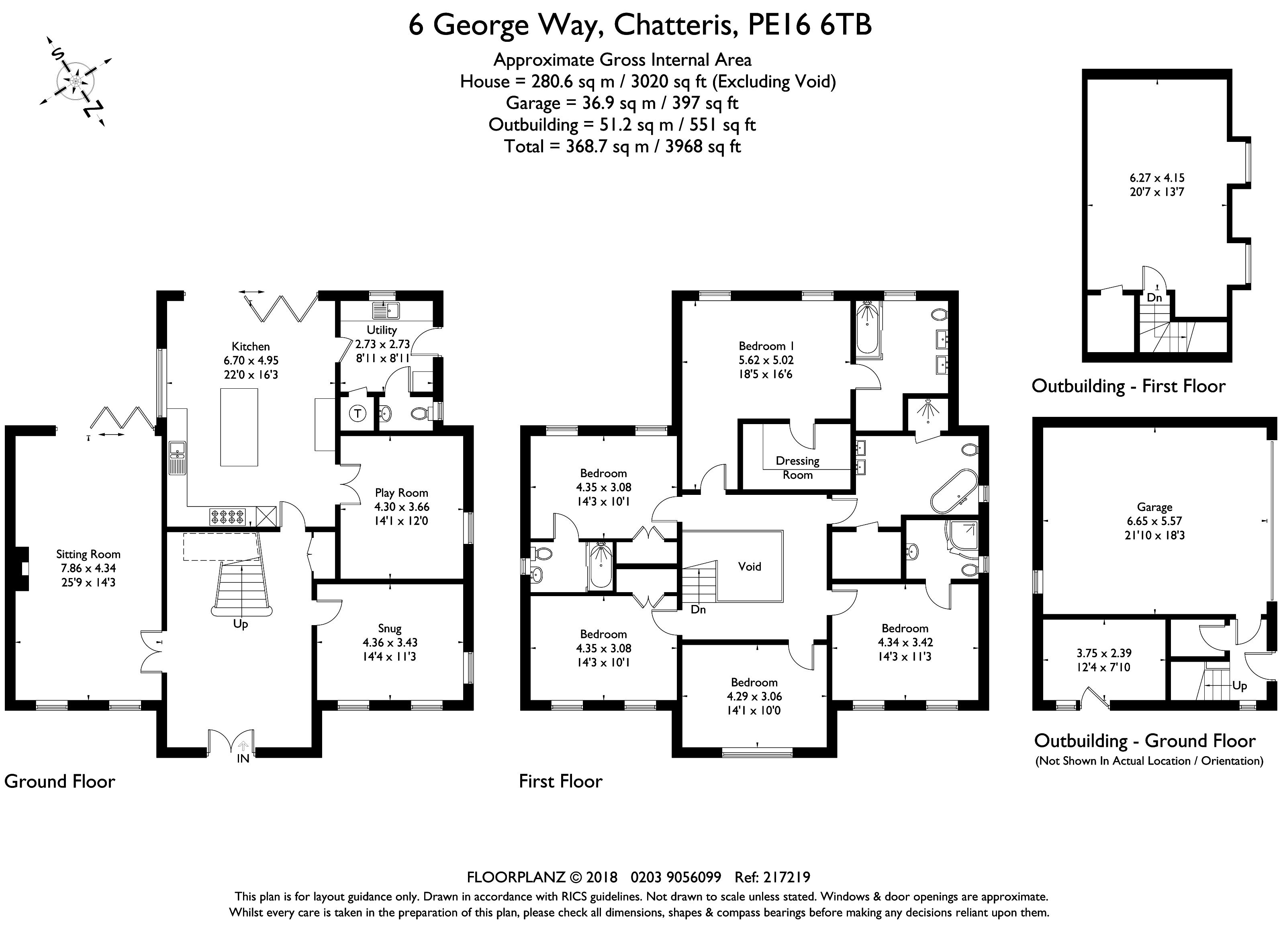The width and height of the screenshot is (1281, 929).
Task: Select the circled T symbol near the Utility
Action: (357, 413)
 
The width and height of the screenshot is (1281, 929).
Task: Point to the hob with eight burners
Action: (228, 517)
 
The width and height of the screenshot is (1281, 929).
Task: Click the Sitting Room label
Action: (88, 554)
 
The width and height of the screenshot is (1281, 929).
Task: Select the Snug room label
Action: (390, 628)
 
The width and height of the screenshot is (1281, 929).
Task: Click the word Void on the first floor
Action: (750, 566)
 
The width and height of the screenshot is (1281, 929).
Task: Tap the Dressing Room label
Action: (797, 468)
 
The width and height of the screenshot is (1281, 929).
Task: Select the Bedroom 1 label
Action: (762, 346)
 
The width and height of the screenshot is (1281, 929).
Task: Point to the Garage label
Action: (1155, 507)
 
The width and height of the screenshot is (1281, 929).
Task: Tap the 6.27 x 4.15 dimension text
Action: (1157, 177)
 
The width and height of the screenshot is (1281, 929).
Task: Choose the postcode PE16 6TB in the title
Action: (809, 25)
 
